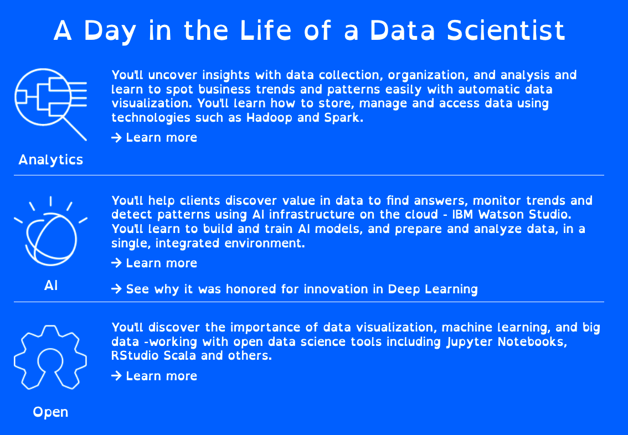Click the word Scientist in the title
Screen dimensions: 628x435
pos(506,31)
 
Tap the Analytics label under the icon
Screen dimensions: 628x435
pos(51,160)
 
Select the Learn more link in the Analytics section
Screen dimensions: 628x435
pos(154,138)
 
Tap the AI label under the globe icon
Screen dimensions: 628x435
pos(51,286)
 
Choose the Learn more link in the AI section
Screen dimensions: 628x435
pos(154,263)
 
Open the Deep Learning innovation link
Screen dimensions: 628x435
pos(295,289)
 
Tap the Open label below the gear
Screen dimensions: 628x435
pos(50,412)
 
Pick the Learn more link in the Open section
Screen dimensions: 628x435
pos(154,376)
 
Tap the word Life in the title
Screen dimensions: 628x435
pos(265,30)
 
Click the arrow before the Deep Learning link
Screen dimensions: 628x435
pos(116,289)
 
